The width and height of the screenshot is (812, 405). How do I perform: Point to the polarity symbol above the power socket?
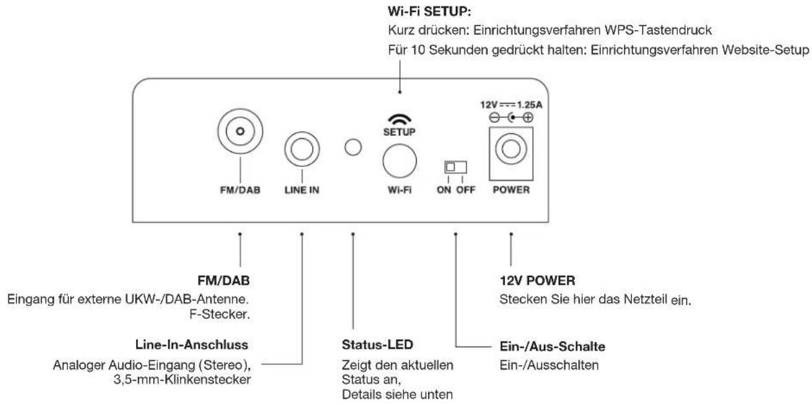click(512, 117)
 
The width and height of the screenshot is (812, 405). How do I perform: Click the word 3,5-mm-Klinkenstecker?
click(194, 378)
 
